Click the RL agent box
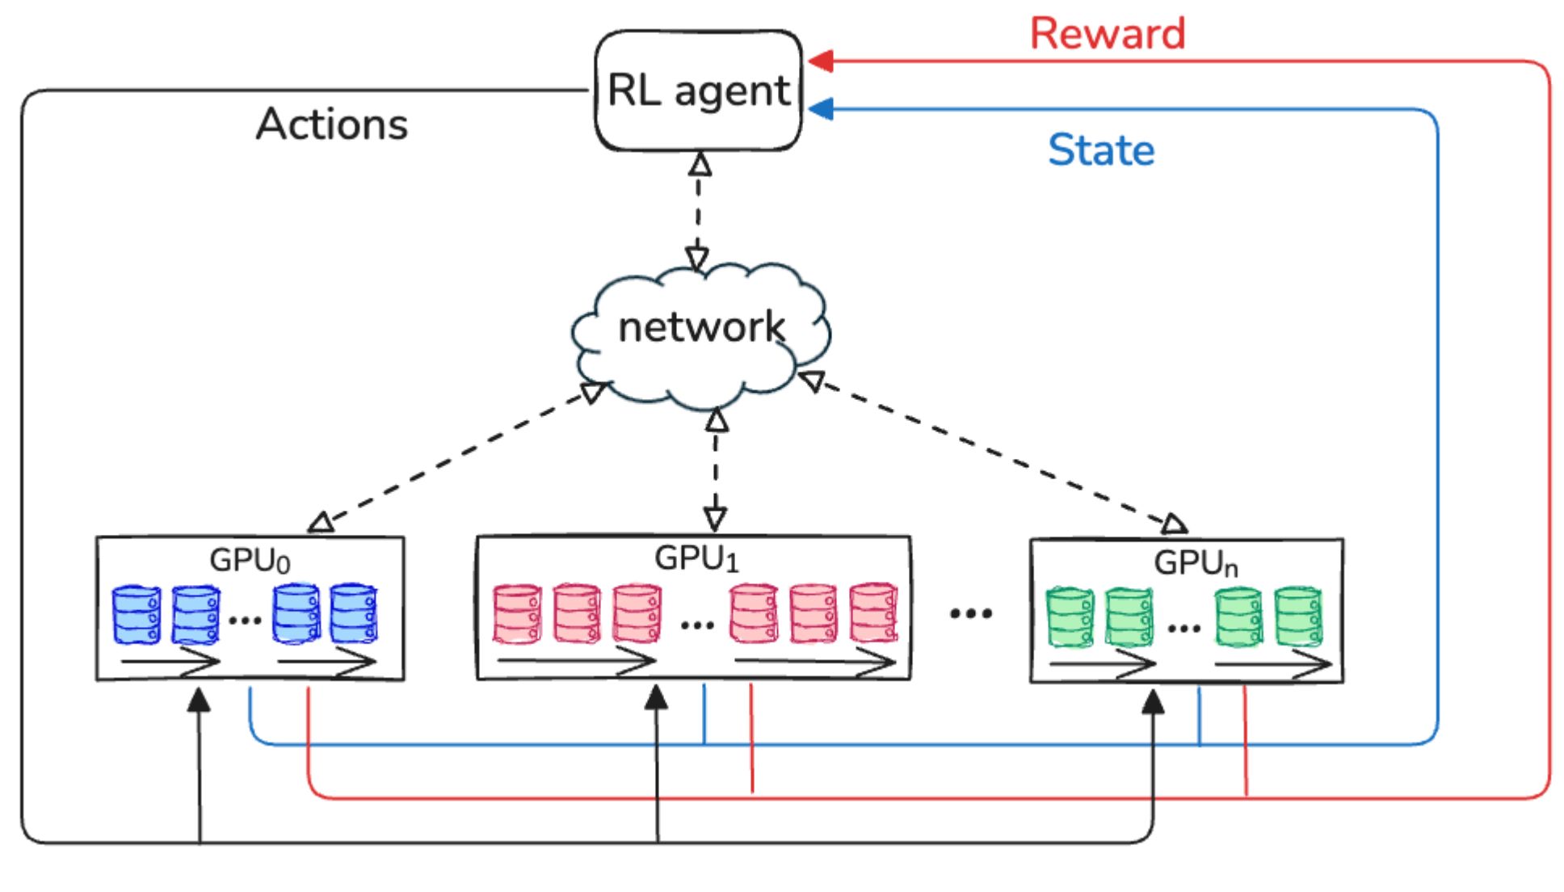698,90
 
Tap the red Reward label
1107,34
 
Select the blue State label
1101,150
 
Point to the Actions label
332,124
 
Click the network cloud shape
700,333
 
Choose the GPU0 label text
250,560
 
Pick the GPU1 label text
696,558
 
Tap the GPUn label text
1195,563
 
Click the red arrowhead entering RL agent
821,61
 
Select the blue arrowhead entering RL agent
821,109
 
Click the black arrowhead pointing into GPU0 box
199,700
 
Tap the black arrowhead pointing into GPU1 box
656,698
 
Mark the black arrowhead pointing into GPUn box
1153,701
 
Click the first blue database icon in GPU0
137,615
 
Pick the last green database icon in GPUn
1298,617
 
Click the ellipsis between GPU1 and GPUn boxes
970,613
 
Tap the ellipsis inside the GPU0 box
245,621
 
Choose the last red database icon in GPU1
873,612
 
